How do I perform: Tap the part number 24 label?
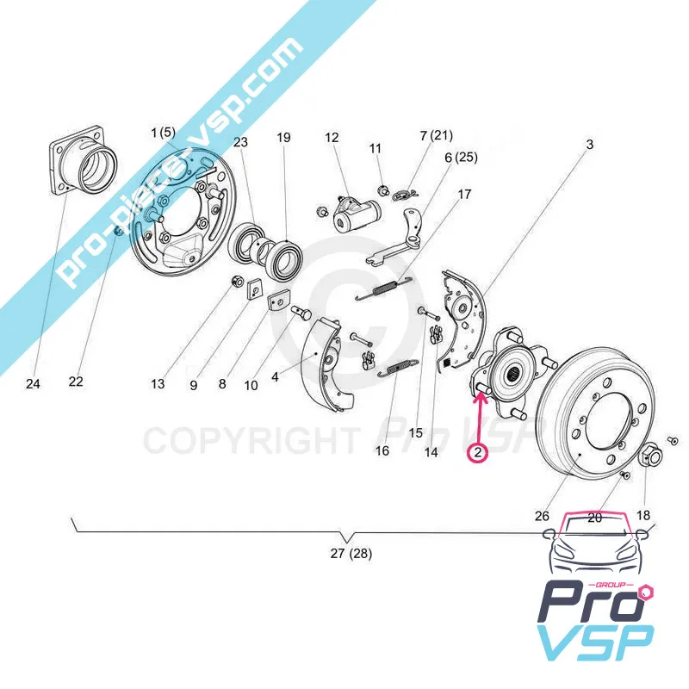[x=33, y=383]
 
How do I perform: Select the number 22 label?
[x=76, y=382]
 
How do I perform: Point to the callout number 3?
[x=590, y=146]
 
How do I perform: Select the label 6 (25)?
[x=461, y=158]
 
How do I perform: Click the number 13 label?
[x=158, y=384]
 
